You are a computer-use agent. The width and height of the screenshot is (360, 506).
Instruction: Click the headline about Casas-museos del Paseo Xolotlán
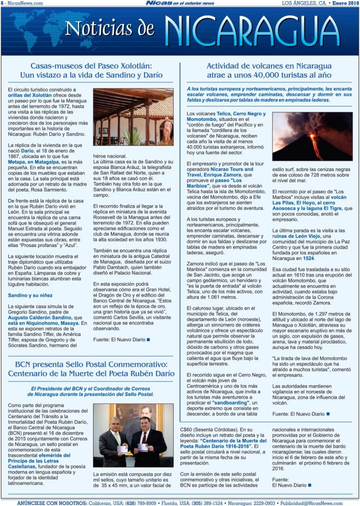(x=91, y=70)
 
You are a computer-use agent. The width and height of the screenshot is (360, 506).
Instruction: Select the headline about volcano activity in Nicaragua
(x=268, y=70)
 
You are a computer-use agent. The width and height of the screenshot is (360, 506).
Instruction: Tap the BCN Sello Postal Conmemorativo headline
(x=91, y=371)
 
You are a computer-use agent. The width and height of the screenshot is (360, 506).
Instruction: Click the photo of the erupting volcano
(x=312, y=136)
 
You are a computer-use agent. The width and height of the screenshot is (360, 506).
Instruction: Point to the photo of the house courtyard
(x=133, y=117)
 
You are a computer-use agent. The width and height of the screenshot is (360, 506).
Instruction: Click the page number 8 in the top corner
(x=2, y=3)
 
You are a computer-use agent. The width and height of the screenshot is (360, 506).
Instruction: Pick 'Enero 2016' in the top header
(x=344, y=3)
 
